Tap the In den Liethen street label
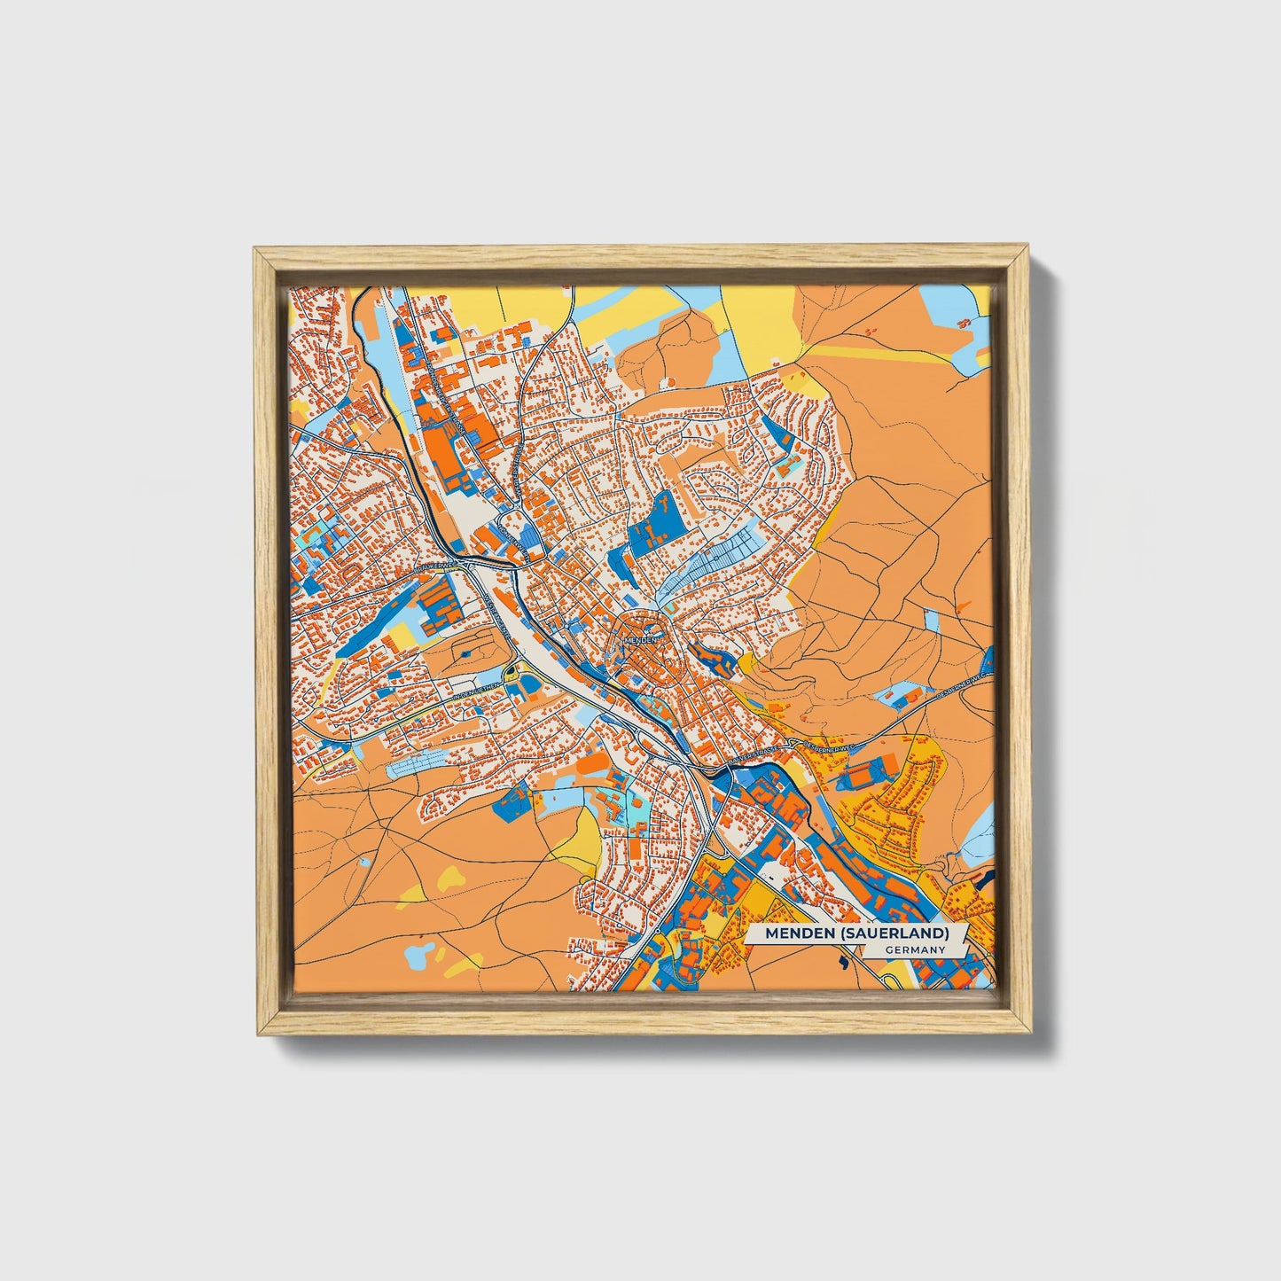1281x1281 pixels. (x=476, y=688)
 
